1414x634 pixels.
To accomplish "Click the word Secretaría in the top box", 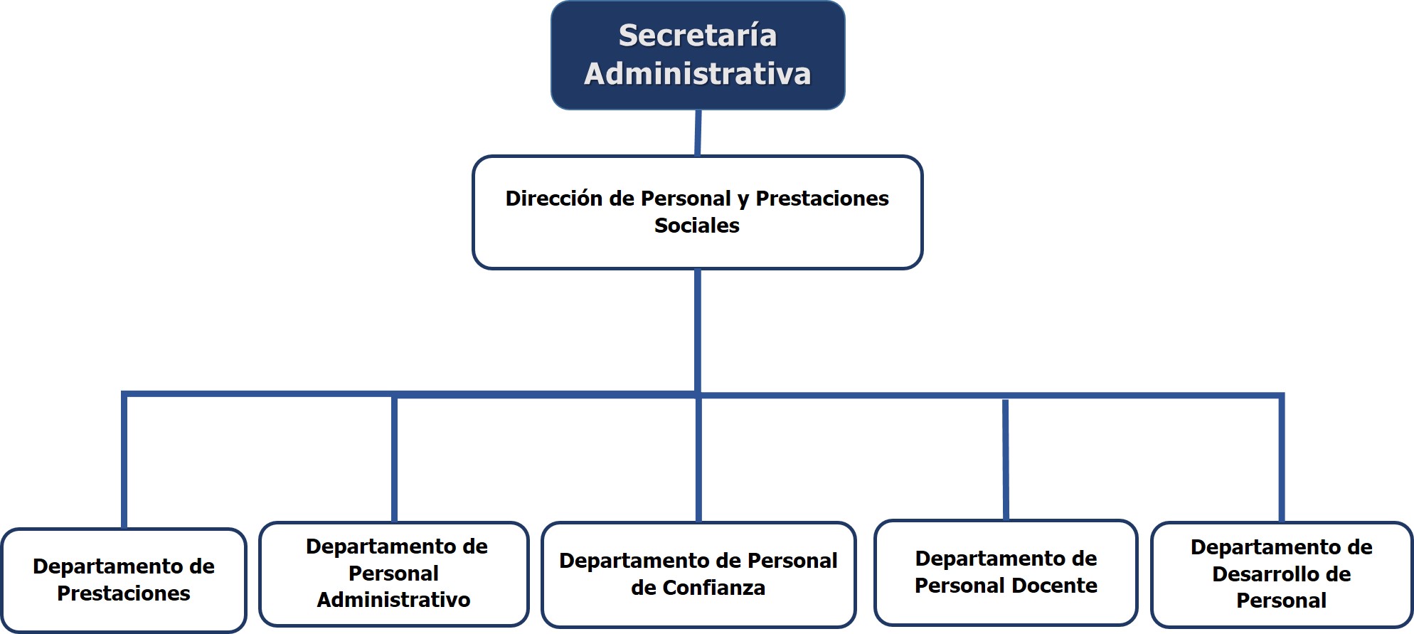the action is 698,36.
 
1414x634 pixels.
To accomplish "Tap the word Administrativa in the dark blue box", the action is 698,74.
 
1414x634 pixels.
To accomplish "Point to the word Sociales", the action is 697,226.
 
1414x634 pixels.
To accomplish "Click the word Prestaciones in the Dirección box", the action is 822,198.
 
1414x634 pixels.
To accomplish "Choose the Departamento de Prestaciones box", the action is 124,580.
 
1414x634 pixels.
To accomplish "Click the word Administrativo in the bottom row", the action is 394,600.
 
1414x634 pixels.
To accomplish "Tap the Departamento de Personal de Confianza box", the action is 698,574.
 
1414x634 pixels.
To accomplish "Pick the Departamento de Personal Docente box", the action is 1006,573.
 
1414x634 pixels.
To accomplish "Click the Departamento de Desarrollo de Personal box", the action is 1282,574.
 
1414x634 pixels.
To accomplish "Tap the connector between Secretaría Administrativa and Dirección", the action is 698,132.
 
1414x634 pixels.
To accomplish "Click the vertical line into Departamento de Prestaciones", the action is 124,461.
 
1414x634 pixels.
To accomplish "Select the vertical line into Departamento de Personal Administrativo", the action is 394,458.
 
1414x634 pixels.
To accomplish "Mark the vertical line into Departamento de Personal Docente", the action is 1006,460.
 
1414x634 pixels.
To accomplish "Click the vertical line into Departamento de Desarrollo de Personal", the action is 1282,458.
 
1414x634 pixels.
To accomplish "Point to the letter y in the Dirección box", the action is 743,200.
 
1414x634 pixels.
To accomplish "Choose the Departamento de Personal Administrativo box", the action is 394,574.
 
